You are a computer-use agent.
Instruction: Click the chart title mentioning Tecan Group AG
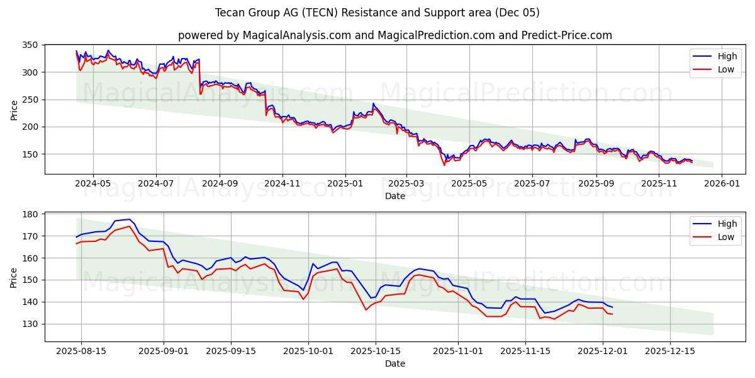click(377, 13)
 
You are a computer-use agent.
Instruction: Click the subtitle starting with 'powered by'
click(395, 35)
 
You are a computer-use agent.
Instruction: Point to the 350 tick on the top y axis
click(31, 45)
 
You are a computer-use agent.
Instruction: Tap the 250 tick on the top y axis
click(31, 100)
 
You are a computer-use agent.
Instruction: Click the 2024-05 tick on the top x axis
click(93, 183)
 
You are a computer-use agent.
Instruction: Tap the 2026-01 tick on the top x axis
click(721, 183)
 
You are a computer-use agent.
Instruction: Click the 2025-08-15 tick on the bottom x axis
click(81, 351)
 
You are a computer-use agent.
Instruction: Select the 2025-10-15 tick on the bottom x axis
click(375, 351)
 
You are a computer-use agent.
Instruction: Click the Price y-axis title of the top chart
click(14, 110)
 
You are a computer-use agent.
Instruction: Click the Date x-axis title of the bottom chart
click(395, 364)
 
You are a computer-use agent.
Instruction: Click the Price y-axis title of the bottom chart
click(14, 277)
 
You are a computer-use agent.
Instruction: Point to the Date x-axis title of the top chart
click(395, 196)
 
